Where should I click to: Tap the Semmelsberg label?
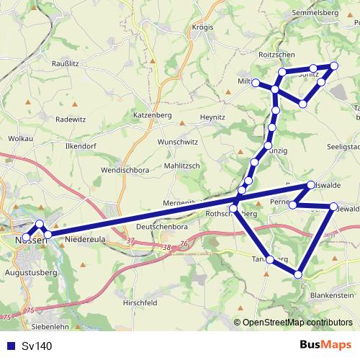pos(315,13)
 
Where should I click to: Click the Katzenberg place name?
pos(150,115)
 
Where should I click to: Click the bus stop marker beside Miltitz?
pos(256,83)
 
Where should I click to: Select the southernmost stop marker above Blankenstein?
pos(298,274)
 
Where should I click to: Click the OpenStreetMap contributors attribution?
pos(297,323)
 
